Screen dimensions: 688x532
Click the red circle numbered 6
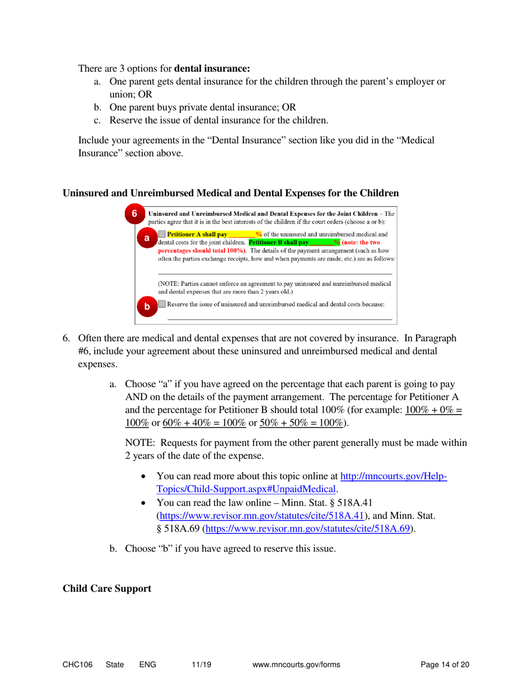point(134,214)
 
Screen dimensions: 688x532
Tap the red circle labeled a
point(147,238)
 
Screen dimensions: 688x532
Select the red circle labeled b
point(147,307)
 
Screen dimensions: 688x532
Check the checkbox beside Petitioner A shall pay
point(162,234)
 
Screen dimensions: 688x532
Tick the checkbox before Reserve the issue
point(162,304)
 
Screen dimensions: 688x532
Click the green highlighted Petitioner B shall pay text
point(278,242)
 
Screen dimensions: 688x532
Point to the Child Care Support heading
point(107,588)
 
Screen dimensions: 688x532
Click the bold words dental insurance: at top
point(212,69)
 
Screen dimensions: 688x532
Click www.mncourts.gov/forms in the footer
point(297,665)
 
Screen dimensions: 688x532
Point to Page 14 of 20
point(445,665)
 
